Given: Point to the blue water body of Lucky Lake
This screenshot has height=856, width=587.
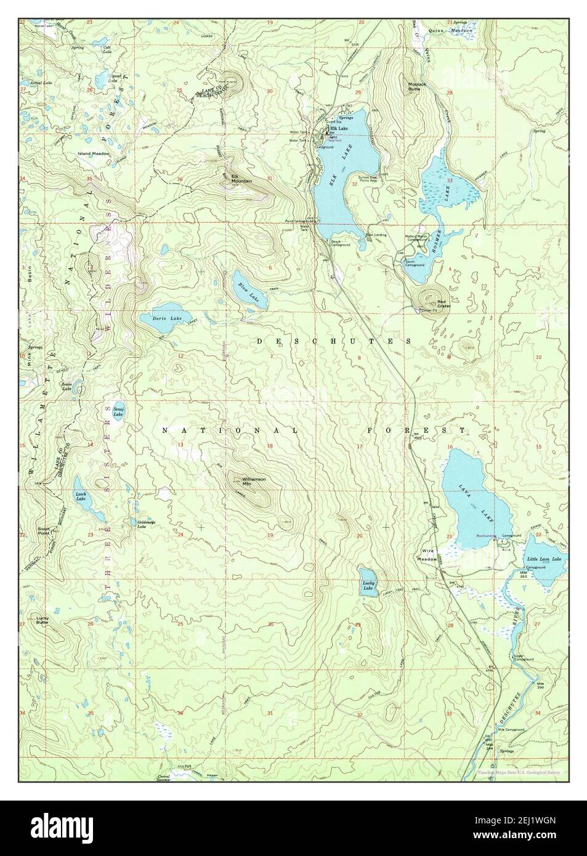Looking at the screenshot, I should (368, 582).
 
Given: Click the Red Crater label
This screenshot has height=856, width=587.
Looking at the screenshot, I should (443, 304).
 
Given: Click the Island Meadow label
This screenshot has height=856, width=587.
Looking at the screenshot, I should (93, 153).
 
